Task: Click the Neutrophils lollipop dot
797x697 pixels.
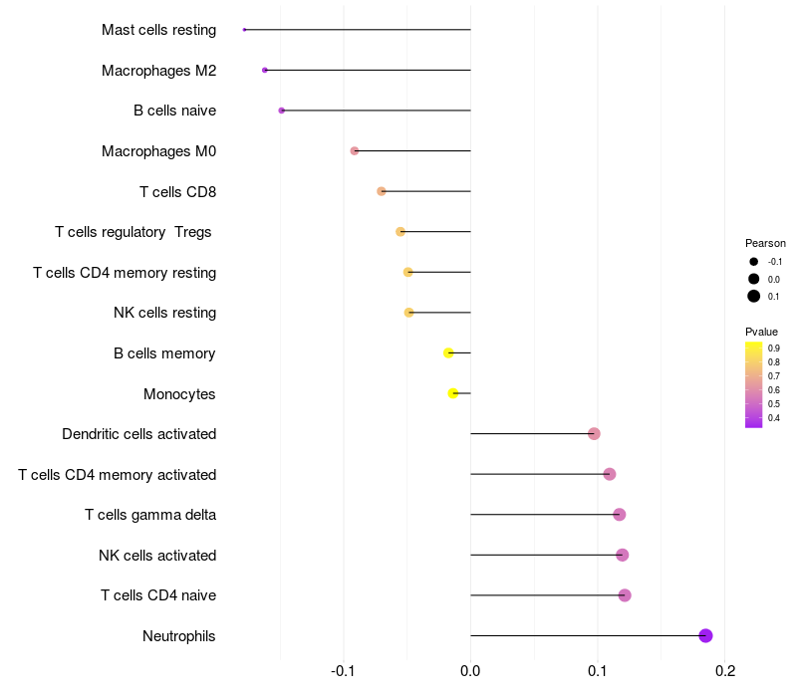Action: coord(705,635)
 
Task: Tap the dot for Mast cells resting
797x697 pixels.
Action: coord(244,30)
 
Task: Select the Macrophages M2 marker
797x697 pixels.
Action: coord(264,70)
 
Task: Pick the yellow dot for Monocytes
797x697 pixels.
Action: coord(453,393)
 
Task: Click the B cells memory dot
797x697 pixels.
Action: coord(448,352)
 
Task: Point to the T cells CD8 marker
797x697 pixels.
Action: coord(382,191)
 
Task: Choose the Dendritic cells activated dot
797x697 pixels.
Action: coord(594,433)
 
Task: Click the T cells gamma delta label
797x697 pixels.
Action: coord(150,515)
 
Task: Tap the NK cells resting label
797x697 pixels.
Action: coord(164,313)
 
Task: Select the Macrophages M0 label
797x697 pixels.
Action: coord(158,151)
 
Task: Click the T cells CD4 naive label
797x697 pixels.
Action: coord(158,595)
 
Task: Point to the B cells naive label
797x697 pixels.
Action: coord(174,111)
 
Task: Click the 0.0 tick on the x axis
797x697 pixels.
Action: coord(470,671)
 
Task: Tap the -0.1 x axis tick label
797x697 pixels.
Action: coord(343,671)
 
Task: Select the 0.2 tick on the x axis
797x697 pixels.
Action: coord(724,671)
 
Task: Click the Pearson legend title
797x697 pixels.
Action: coord(765,243)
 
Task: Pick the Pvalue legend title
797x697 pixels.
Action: coord(761,332)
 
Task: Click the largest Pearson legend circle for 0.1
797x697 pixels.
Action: coord(754,296)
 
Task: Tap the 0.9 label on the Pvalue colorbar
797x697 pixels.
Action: coord(774,348)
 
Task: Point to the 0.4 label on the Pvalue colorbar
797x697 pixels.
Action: coord(774,418)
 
